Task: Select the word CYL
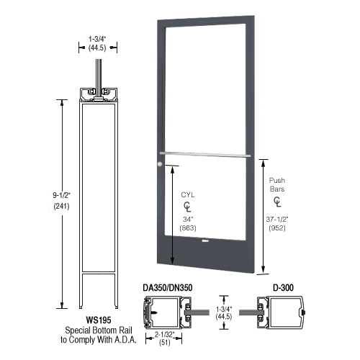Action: (188, 194)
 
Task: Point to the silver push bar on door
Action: (204, 154)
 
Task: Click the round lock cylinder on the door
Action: (158, 166)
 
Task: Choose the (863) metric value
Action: (188, 230)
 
